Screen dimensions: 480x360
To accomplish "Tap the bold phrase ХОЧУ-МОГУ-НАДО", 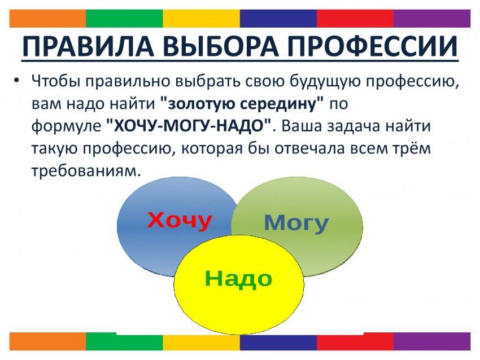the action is tap(190, 126).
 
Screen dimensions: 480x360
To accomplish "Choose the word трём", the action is tap(412, 148).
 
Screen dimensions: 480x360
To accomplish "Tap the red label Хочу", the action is tap(180, 220).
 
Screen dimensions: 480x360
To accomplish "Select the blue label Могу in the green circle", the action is tap(296, 223).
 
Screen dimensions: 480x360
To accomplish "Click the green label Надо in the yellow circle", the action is tap(238, 278).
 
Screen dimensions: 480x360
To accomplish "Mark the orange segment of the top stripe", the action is tap(48, 19).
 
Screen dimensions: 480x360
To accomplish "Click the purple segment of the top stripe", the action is tap(432, 19).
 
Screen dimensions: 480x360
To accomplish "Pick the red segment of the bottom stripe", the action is tap(355, 341).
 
